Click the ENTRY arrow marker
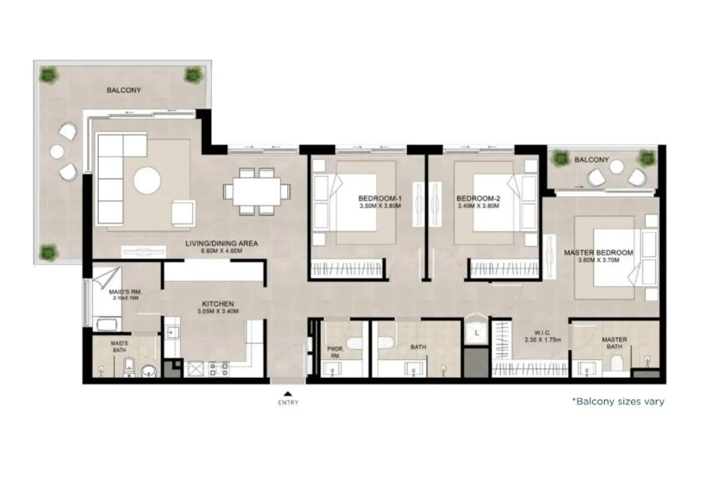288,393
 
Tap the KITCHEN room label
218,304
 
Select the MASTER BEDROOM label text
598,252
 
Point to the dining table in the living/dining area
256,191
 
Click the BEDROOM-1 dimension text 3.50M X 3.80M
380,206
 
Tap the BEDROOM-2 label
478,199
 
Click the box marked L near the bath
477,333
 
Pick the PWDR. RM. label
333,352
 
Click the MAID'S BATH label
119,346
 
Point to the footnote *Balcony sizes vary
618,402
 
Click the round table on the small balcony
617,167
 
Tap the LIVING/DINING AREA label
221,243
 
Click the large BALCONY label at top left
124,90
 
